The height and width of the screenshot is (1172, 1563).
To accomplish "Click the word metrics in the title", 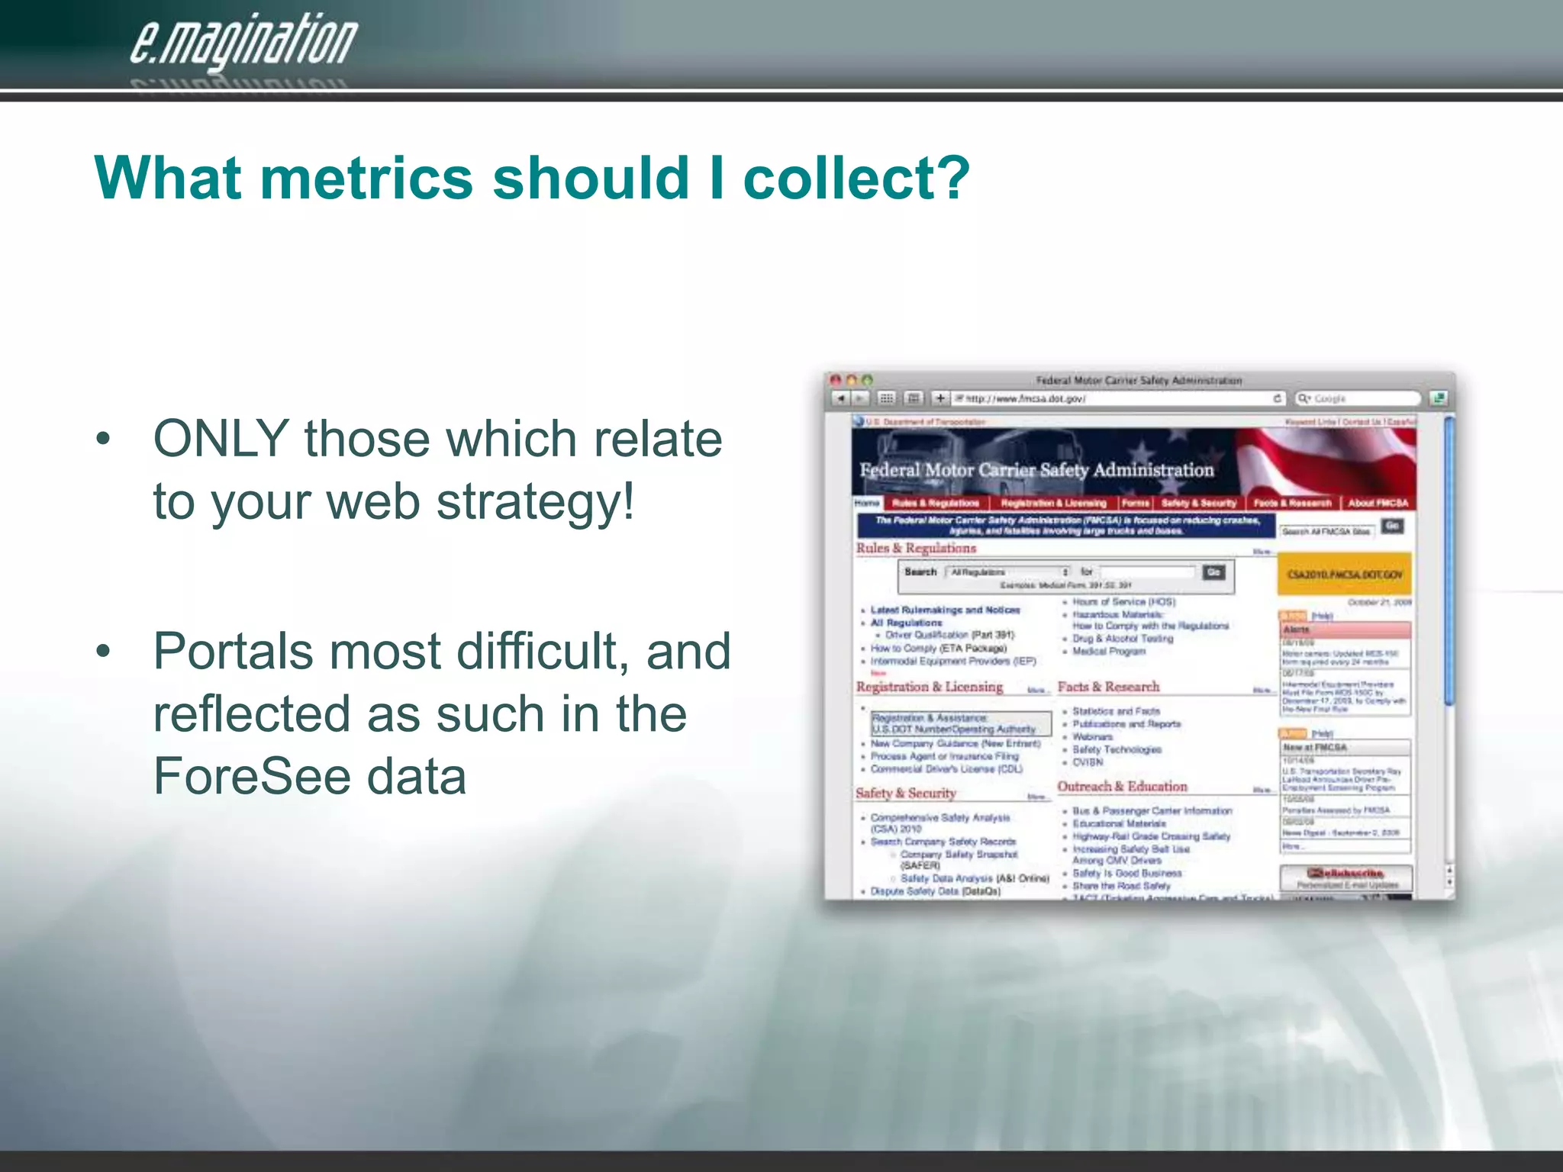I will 366,179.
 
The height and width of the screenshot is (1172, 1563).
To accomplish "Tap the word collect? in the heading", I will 856,179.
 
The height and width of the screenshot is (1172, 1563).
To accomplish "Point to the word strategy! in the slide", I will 535,502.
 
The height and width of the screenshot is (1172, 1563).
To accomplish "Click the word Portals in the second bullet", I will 233,651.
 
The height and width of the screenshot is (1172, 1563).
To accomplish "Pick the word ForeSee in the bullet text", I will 249,776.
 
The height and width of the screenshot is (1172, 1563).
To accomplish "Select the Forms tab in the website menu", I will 1136,503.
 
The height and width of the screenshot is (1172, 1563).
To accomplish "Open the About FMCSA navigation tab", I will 1377,503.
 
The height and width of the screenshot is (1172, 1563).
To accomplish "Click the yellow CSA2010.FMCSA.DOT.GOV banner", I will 1345,575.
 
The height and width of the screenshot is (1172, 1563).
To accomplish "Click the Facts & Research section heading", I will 1108,687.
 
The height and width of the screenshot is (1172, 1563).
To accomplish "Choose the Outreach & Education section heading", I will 1122,787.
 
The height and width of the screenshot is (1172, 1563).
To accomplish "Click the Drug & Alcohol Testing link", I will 1123,639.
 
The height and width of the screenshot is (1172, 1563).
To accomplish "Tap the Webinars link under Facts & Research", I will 1092,736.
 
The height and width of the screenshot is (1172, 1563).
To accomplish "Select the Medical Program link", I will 1109,652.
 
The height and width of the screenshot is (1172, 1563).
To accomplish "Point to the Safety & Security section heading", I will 906,794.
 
